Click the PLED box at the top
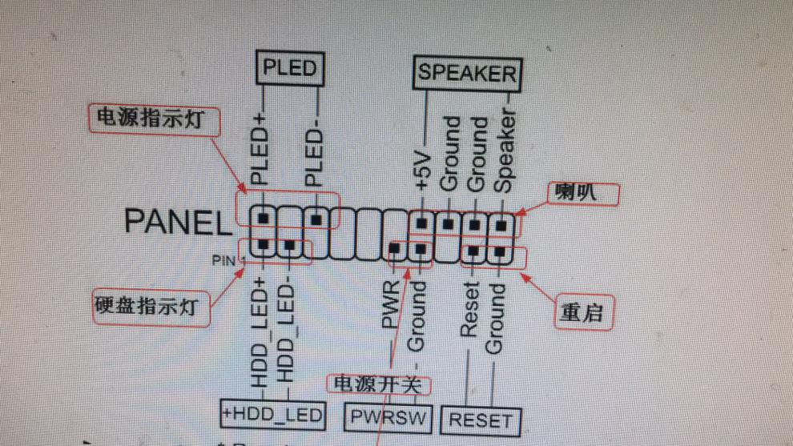tap(290, 67)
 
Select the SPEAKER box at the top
tap(467, 74)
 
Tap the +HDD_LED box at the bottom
tap(273, 414)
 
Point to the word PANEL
tap(176, 222)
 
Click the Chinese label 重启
tap(579, 313)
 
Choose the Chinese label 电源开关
tap(377, 384)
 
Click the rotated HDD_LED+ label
tap(260, 331)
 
